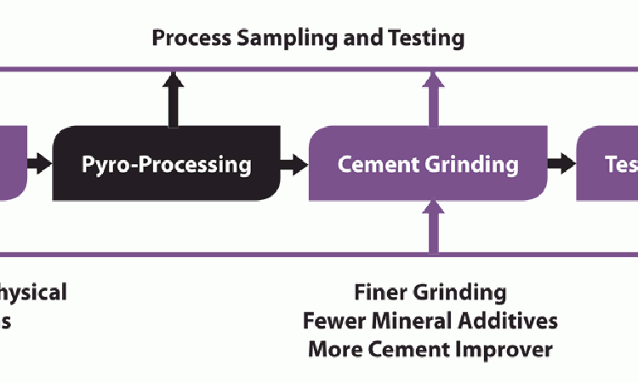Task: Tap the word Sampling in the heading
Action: [x=269, y=37]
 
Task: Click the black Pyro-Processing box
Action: [x=167, y=163]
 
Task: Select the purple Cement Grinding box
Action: [x=427, y=163]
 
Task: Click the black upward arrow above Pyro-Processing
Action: [x=174, y=97]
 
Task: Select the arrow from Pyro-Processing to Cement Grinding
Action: [x=293, y=164]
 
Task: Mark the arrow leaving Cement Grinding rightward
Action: [x=561, y=164]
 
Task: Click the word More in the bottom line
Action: [x=334, y=349]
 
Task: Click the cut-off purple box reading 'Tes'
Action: [x=608, y=163]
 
